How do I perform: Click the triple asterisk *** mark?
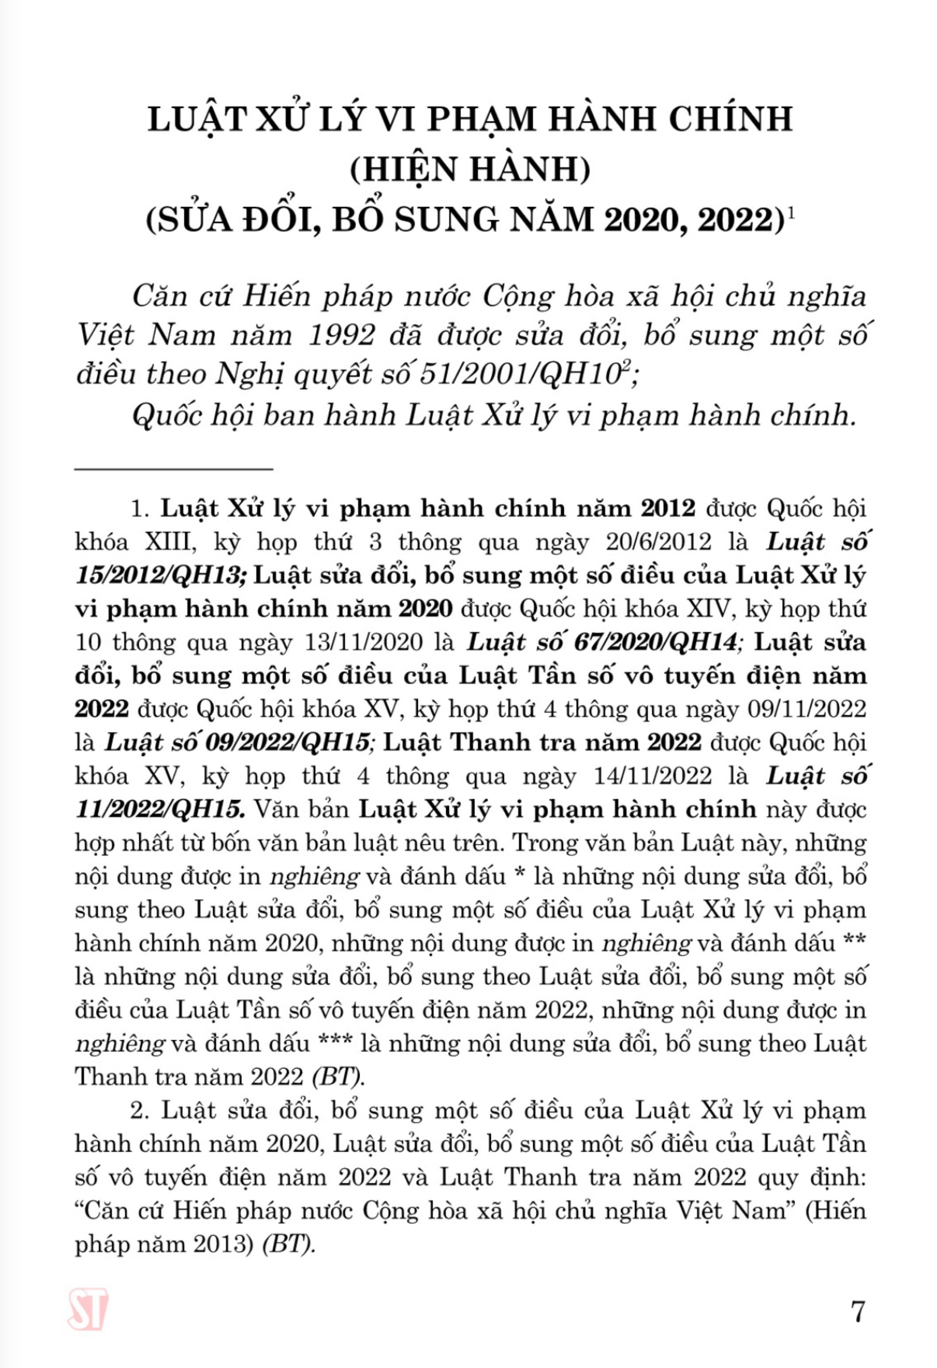coord(336,1044)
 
